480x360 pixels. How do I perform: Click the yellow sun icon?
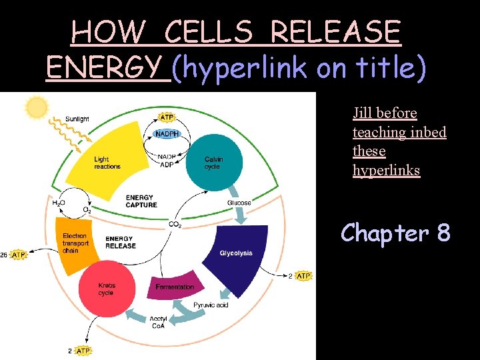pyautogui.click(x=37, y=107)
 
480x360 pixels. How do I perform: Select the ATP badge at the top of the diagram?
pyautogui.click(x=167, y=117)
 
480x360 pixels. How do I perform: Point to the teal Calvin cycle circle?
pyautogui.click(x=213, y=162)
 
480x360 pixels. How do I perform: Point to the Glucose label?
pyautogui.click(x=239, y=203)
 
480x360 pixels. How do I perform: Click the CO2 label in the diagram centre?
pyautogui.click(x=175, y=225)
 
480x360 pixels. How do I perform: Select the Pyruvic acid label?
pyautogui.click(x=211, y=305)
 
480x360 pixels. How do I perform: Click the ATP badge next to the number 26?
pyautogui.click(x=19, y=255)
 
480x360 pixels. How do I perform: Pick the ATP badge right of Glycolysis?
pyautogui.click(x=303, y=276)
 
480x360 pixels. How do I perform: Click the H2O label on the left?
pyautogui.click(x=59, y=202)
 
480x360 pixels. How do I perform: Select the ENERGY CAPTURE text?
pyautogui.click(x=141, y=201)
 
